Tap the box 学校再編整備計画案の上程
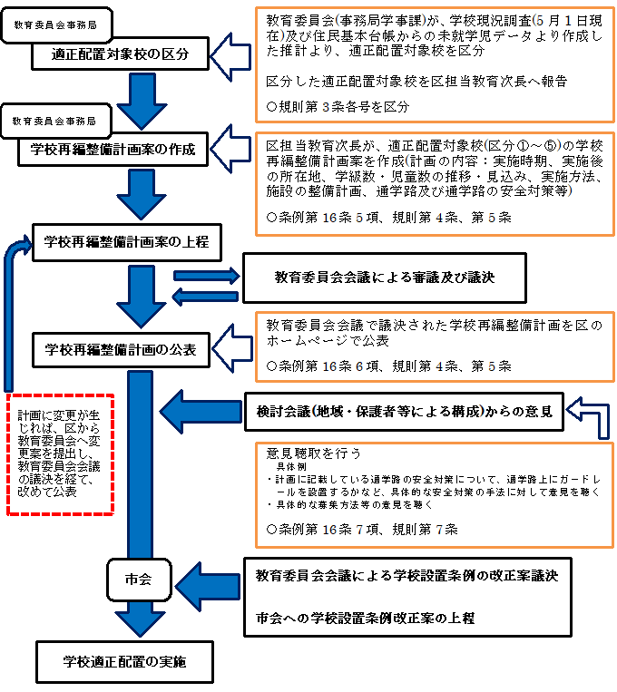click(126, 241)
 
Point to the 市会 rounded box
click(138, 577)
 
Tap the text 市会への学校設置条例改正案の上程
click(365, 619)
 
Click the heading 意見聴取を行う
click(313, 452)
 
